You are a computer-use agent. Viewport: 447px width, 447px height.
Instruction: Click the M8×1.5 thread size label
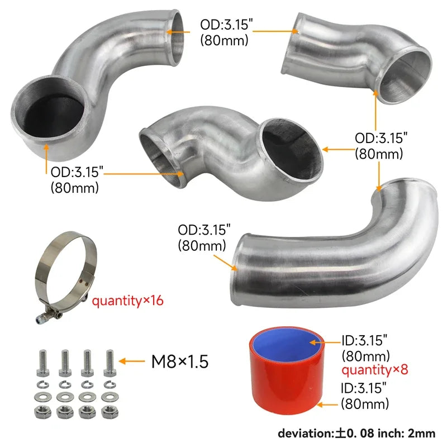point(179,362)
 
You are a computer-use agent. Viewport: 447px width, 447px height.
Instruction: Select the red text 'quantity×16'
point(127,301)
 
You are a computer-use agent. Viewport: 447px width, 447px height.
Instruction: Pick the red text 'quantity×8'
point(375,370)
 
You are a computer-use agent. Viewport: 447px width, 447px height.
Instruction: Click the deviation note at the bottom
point(356,434)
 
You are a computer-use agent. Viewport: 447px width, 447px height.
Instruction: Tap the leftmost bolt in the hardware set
point(42,363)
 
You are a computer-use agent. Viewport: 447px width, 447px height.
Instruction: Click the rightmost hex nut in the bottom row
point(110,412)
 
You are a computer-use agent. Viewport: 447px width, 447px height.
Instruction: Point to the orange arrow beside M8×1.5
point(132,362)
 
